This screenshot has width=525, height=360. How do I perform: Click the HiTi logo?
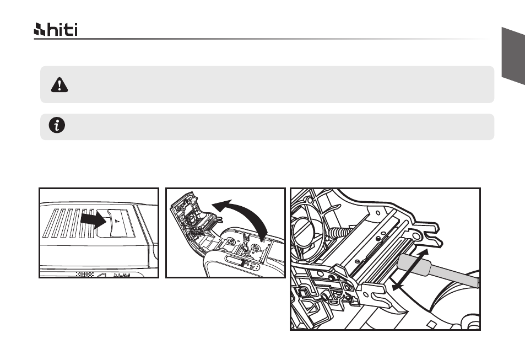click(56, 29)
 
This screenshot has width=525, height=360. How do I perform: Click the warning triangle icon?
click(59, 85)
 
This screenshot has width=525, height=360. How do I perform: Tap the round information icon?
click(57, 125)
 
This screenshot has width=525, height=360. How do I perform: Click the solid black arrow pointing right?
click(94, 219)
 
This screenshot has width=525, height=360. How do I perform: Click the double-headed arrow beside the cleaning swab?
click(410, 270)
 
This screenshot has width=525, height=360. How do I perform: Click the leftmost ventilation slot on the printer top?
click(51, 223)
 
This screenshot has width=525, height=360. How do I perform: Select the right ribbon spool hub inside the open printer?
click(256, 248)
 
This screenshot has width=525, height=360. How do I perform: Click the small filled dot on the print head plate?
click(378, 238)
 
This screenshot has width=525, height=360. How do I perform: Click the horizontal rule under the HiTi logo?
click(261, 39)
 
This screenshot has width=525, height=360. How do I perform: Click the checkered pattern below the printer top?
click(85, 274)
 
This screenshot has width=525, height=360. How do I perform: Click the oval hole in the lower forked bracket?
click(366, 295)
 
